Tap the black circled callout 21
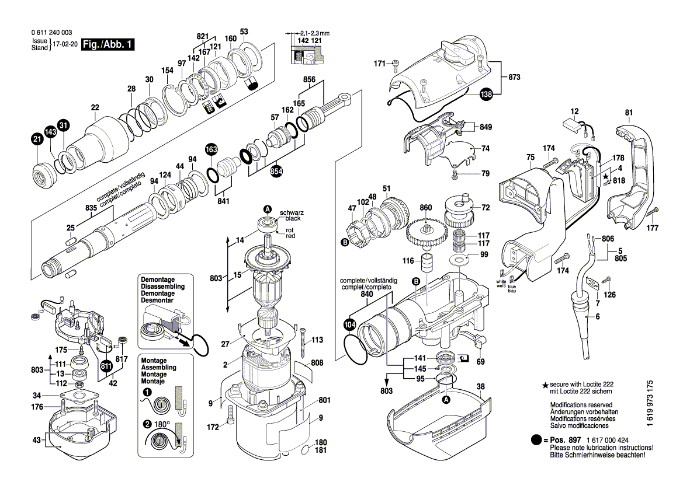click(37, 139)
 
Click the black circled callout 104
click(350, 324)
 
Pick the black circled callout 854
click(276, 172)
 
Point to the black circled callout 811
click(106, 366)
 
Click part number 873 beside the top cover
click(514, 77)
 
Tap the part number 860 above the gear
click(425, 208)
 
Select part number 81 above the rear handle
click(629, 113)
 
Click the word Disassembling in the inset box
click(162, 287)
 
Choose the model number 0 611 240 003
click(52, 33)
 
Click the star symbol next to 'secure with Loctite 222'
click(545, 385)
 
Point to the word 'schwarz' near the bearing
click(292, 213)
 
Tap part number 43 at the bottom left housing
click(37, 440)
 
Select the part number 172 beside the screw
click(213, 427)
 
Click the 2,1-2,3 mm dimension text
click(314, 33)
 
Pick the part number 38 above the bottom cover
click(480, 386)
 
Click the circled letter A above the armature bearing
click(268, 209)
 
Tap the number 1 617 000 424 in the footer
click(608, 440)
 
